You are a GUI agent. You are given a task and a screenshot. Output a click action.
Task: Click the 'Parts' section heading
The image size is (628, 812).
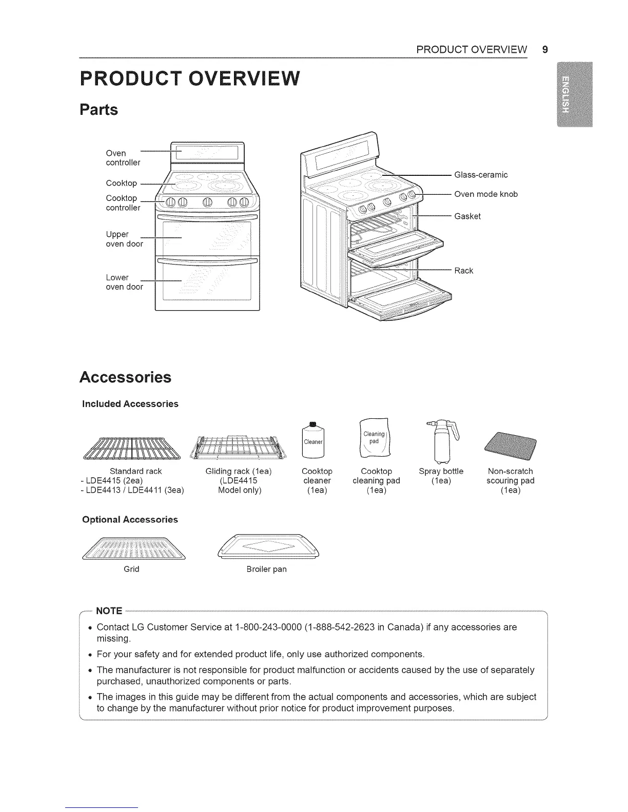click(x=99, y=110)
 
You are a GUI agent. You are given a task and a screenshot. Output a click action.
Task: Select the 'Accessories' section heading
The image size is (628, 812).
click(x=125, y=377)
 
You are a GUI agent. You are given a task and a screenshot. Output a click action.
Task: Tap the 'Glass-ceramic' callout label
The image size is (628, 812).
click(x=481, y=175)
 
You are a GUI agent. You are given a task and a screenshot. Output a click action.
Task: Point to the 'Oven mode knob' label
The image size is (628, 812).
click(x=486, y=194)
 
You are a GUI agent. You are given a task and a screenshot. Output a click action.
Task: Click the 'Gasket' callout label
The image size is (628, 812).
click(x=467, y=216)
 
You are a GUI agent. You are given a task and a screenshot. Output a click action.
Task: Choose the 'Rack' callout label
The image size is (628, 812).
click(x=463, y=271)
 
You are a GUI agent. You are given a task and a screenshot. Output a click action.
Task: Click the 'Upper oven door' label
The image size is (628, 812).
click(x=124, y=239)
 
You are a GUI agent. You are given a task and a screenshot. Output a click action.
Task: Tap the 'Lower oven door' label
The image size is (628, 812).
click(x=124, y=282)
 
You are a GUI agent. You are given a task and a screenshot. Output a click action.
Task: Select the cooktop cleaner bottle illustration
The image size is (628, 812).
click(x=313, y=440)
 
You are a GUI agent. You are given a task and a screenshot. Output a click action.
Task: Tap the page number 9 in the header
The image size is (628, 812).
click(x=545, y=50)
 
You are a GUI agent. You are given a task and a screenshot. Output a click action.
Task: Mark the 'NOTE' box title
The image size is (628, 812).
click(x=109, y=611)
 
